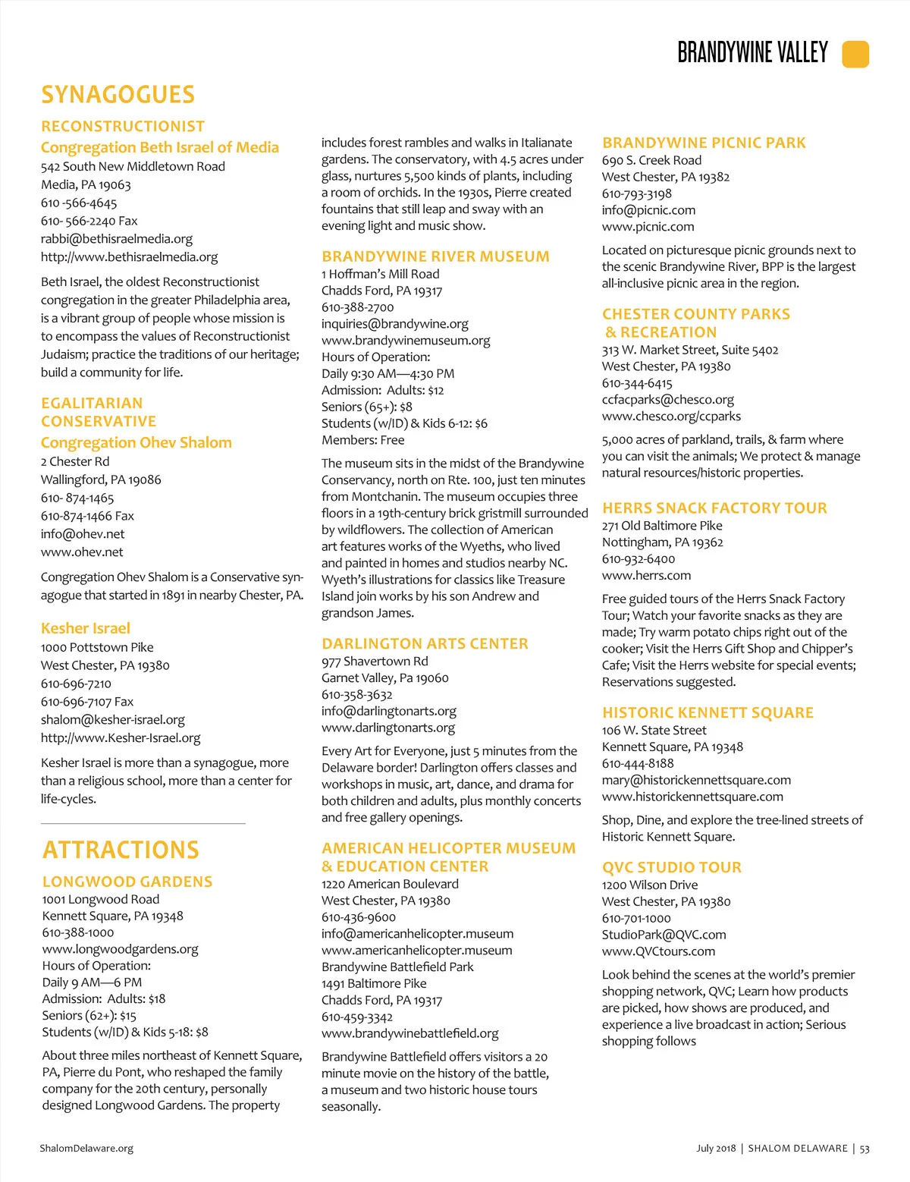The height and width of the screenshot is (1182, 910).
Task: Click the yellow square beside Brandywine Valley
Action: coord(855,54)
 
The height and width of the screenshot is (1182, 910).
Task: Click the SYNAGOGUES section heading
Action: coord(118,95)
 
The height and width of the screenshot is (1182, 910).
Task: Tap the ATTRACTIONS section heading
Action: coord(121,850)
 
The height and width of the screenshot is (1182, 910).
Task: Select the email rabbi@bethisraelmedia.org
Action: coord(117,239)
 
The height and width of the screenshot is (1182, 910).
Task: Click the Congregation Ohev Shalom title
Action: coord(136,442)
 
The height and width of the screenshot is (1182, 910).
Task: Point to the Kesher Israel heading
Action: coord(86,628)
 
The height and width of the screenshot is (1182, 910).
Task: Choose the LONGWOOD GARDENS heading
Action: coord(127,882)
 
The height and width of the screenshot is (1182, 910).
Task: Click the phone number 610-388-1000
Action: coord(78,932)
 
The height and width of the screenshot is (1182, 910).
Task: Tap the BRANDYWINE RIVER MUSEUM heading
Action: coord(435,256)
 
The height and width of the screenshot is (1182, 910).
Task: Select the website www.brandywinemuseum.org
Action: coord(406,341)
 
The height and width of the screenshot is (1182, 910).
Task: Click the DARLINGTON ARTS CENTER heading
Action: coord(425,643)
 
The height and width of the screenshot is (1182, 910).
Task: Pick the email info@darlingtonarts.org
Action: coord(389,711)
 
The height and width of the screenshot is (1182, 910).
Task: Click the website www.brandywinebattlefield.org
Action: coord(410,1033)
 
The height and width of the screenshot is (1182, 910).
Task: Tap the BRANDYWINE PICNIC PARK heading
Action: coord(704,143)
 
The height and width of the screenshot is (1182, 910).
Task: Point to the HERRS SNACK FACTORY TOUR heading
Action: coord(714,508)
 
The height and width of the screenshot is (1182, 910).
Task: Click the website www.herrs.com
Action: coord(647,576)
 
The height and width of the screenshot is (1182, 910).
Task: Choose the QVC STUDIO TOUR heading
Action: coord(672,867)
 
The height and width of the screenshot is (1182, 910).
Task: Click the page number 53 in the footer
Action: coord(864,1149)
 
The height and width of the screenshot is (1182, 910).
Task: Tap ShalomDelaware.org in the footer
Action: coord(86,1149)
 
